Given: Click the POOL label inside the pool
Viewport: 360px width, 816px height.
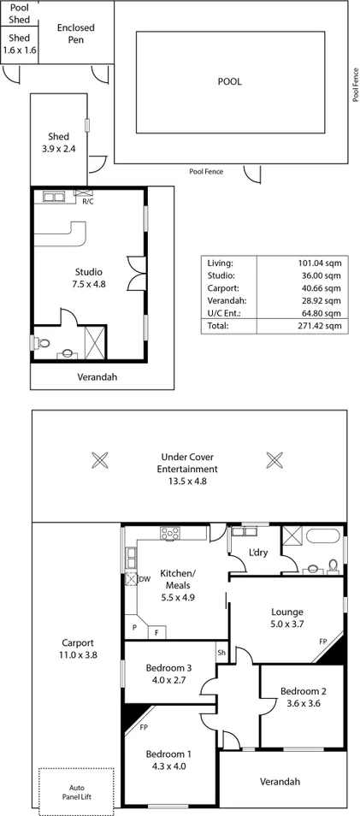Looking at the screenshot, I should point(229,82).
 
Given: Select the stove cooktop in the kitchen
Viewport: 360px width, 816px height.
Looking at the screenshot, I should point(168,533).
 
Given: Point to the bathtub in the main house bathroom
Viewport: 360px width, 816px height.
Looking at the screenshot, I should point(324,537).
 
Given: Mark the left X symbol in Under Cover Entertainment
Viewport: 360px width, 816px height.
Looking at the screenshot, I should point(100,459).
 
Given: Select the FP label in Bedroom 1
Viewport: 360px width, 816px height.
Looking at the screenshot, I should point(145,730).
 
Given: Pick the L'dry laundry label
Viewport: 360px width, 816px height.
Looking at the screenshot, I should point(257,552).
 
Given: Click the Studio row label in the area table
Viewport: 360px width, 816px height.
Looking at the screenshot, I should point(220,275).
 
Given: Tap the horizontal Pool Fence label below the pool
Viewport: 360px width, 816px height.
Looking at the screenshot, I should point(206,172).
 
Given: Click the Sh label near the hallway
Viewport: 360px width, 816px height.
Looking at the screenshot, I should point(221,652).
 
